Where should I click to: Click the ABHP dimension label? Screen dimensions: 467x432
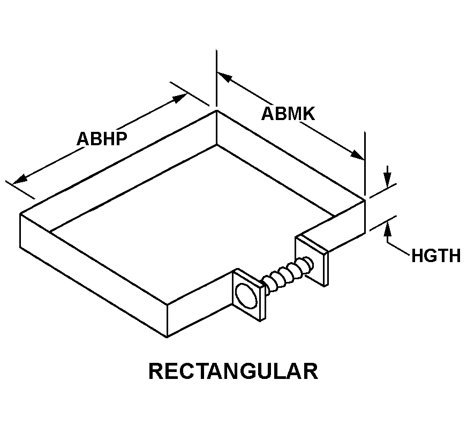click(x=102, y=139)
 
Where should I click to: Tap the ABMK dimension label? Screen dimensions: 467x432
click(x=288, y=114)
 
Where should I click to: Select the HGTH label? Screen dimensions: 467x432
click(x=436, y=256)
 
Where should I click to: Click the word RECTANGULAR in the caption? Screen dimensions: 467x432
click(x=233, y=371)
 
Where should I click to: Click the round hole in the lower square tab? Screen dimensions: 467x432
click(x=246, y=296)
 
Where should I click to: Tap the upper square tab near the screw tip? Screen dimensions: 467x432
click(x=312, y=260)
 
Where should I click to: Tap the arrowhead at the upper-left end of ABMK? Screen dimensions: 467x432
click(x=224, y=77)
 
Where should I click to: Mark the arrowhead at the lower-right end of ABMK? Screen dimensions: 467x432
click(x=357, y=155)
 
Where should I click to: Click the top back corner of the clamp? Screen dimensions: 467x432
click(x=216, y=110)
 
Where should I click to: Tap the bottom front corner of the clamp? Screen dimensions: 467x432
click(x=167, y=337)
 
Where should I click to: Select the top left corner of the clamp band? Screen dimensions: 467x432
click(x=20, y=213)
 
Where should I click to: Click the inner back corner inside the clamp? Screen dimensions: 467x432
click(x=216, y=145)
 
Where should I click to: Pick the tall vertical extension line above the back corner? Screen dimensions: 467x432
click(x=216, y=78)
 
